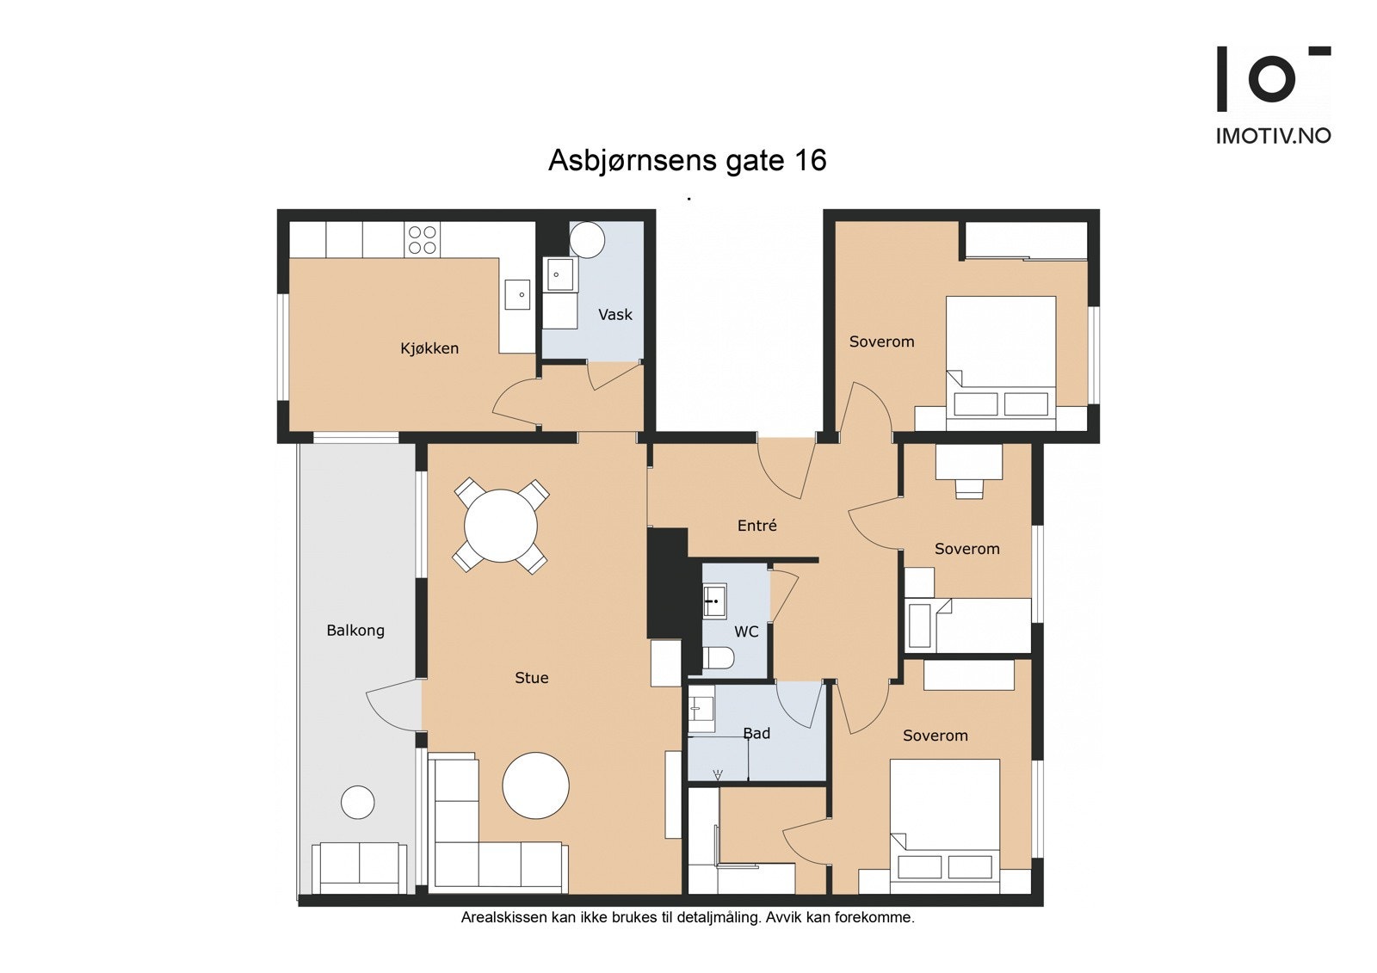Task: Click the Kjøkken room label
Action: point(429,348)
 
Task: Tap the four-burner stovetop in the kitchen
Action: point(423,240)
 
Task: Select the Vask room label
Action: point(614,315)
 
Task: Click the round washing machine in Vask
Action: point(587,240)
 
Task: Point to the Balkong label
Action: point(355,631)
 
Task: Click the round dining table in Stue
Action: point(501,526)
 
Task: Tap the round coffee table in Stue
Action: point(535,785)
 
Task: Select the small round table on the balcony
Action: point(358,802)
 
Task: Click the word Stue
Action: point(532,677)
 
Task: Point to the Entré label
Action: point(756,525)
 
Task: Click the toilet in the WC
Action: point(718,658)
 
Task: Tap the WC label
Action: point(746,631)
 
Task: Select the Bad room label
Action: point(756,733)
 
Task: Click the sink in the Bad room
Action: point(701,709)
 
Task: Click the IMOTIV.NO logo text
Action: point(1274,136)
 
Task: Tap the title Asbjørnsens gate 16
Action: point(688,160)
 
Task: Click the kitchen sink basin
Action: point(517,295)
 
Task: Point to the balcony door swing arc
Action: point(386,708)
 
